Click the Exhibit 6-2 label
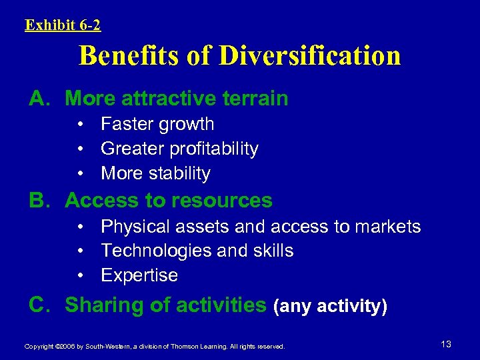[x=63, y=25]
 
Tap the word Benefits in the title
[x=129, y=56]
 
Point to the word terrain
[x=253, y=99]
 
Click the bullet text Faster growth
[x=157, y=124]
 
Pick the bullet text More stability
[x=155, y=173]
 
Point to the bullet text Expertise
[x=139, y=275]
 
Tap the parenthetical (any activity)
[x=330, y=307]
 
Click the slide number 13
[x=446, y=344]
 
